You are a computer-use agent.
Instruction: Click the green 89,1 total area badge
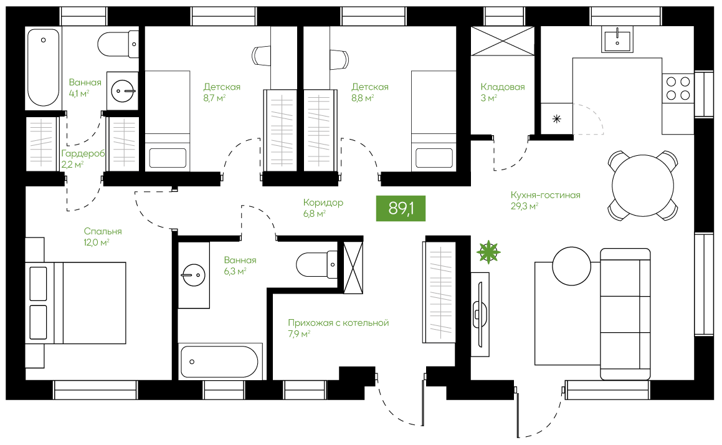[x=401, y=208]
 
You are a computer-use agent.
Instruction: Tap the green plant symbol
[x=488, y=252]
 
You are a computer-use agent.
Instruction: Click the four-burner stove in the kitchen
[x=678, y=89]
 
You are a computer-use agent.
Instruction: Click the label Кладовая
[x=503, y=87]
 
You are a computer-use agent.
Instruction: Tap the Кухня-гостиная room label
[x=545, y=195]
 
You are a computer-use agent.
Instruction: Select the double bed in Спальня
[x=76, y=303]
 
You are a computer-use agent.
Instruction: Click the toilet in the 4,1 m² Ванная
[x=118, y=44]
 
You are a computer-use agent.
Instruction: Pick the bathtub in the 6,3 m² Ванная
[x=220, y=361]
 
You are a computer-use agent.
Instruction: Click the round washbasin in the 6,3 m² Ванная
[x=193, y=275]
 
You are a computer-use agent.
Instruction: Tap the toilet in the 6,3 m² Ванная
[x=317, y=264]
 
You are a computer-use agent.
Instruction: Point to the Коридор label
[x=323, y=203]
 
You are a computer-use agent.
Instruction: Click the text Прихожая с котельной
[x=338, y=323]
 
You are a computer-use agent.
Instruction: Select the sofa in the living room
[x=625, y=313]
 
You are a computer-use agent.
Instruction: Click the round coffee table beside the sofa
[x=571, y=266]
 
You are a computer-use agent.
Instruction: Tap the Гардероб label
[x=83, y=154]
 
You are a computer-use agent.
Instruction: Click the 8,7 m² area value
[x=214, y=98]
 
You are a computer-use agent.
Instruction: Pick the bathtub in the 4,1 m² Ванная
[x=43, y=68]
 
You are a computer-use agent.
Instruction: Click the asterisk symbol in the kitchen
[x=557, y=119]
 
